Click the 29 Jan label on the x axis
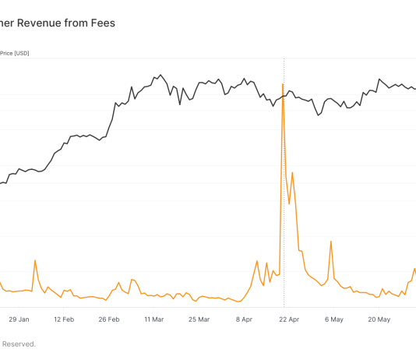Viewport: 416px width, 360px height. tap(19, 319)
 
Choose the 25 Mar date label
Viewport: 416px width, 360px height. tap(199, 319)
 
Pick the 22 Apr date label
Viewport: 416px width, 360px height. tap(289, 319)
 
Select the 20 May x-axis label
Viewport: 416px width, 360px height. tap(379, 319)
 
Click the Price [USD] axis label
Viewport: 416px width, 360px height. tap(15, 54)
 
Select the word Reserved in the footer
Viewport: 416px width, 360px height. tap(17, 344)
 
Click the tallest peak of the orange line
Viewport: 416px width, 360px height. tap(283, 84)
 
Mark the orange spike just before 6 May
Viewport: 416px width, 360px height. tap(331, 242)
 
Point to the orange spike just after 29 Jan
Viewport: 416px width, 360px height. tap(35, 260)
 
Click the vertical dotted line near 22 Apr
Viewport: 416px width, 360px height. tap(284, 195)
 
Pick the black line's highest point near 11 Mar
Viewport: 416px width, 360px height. tap(160, 76)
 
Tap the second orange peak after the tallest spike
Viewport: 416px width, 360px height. tap(292, 172)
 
